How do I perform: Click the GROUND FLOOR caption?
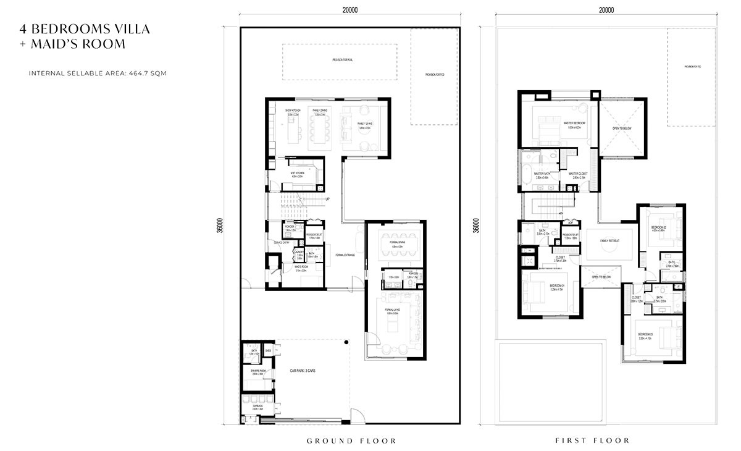tap(351, 440)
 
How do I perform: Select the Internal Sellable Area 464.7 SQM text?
tap(98, 73)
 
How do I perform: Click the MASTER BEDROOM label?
tap(574, 123)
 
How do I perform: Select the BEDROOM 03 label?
tap(647, 335)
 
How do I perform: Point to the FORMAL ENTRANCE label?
tap(345, 255)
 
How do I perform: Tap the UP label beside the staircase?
tap(327, 199)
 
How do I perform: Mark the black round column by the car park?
tap(347, 342)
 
